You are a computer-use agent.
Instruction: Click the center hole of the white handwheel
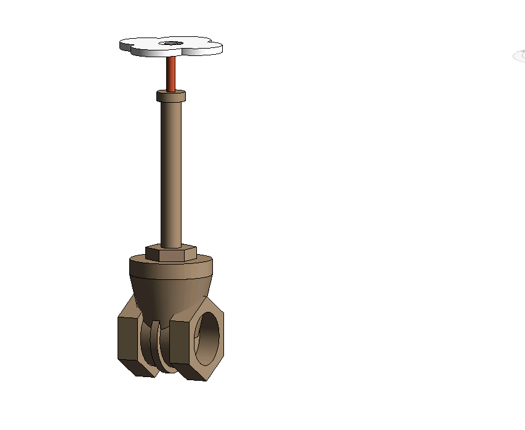170,43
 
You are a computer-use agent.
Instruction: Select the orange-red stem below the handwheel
171,73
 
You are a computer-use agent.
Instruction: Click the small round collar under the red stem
171,96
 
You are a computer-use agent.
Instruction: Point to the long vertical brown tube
170,172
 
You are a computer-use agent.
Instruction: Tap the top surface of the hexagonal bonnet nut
171,248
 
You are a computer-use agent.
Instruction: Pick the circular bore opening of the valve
208,335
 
